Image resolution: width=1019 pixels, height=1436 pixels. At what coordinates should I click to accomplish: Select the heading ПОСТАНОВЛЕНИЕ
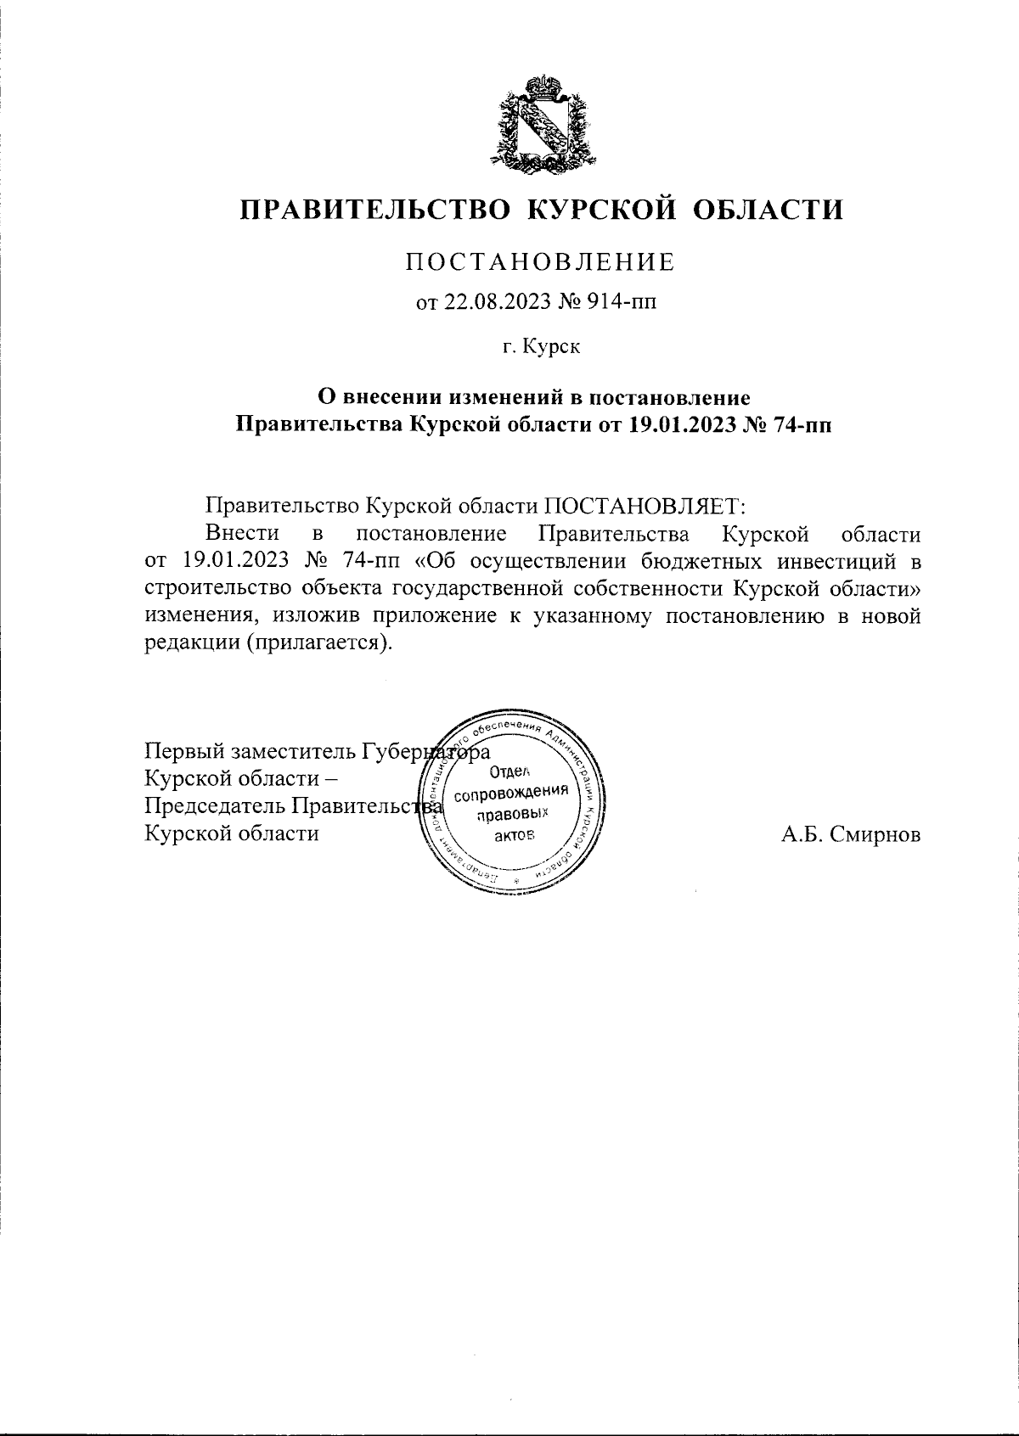540,262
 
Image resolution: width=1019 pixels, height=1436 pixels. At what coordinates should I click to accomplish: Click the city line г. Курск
540,346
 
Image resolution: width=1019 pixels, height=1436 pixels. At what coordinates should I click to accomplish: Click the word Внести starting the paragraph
242,535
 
